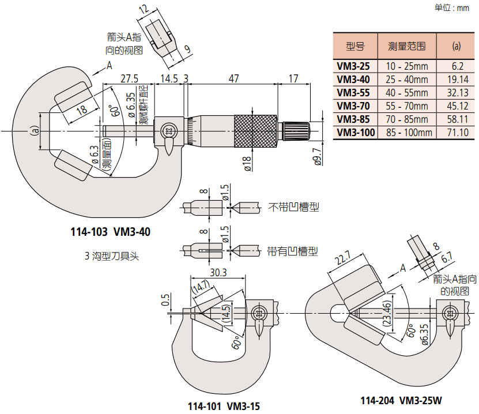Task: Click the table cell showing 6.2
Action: click(458, 66)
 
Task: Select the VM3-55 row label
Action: click(353, 93)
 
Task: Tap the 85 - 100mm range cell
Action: click(408, 133)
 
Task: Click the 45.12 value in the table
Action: click(458, 106)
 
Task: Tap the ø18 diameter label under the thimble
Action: click(246, 164)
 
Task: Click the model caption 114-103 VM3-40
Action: click(110, 232)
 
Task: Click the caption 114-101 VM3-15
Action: click(224, 406)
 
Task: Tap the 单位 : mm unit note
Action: click(452, 7)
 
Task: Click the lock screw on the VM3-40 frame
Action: click(169, 131)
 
